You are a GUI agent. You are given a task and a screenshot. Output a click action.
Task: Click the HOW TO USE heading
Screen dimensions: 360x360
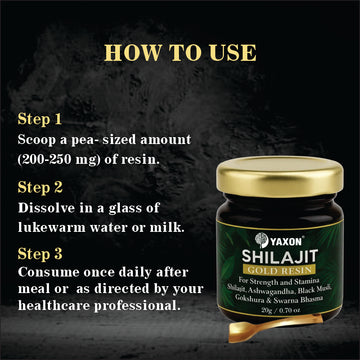179,50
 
